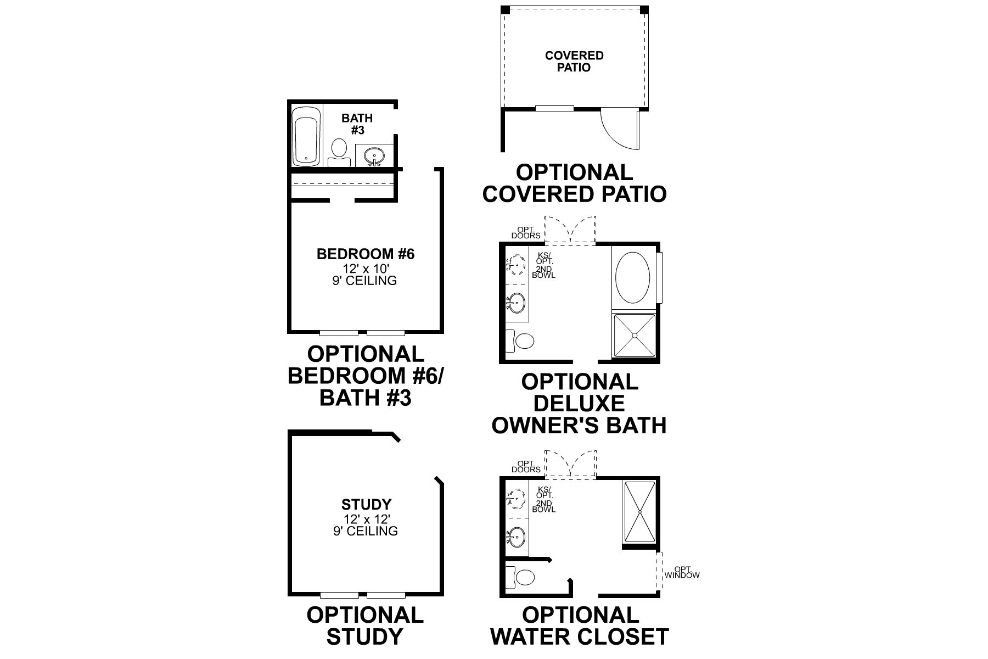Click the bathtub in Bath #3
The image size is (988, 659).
point(306,136)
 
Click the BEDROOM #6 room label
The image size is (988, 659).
point(366,254)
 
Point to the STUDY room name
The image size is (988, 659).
point(366,504)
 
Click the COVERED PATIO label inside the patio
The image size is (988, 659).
point(574,62)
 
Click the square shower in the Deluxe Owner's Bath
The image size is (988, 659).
point(634,335)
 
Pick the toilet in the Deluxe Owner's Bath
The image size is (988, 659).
point(521,341)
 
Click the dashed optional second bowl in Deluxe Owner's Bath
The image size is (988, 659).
point(515,265)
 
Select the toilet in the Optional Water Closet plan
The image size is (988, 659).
point(521,577)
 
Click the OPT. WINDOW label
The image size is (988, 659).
point(682,573)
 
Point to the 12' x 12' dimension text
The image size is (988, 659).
point(366,518)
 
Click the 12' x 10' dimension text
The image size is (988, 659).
point(366,269)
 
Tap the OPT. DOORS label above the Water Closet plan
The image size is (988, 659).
point(526,466)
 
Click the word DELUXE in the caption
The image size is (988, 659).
point(579,404)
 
